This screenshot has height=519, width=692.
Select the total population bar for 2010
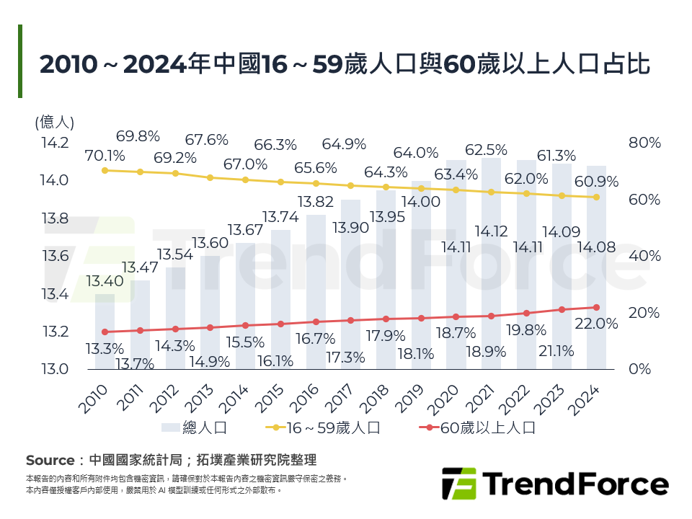point(105,332)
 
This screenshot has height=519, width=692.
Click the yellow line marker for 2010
point(105,170)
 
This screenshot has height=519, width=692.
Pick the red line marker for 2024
point(597,307)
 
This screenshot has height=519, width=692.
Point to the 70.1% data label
point(105,155)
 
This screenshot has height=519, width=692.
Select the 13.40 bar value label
point(105,281)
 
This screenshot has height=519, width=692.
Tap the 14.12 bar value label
point(492,231)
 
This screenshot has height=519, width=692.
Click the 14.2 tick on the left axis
point(55,143)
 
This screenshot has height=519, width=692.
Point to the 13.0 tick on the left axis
point(55,369)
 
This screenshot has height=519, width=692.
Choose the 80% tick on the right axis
point(644,143)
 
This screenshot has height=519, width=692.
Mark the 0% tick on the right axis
point(639,369)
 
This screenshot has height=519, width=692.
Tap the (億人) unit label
point(55,122)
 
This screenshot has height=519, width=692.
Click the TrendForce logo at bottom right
point(555,484)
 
